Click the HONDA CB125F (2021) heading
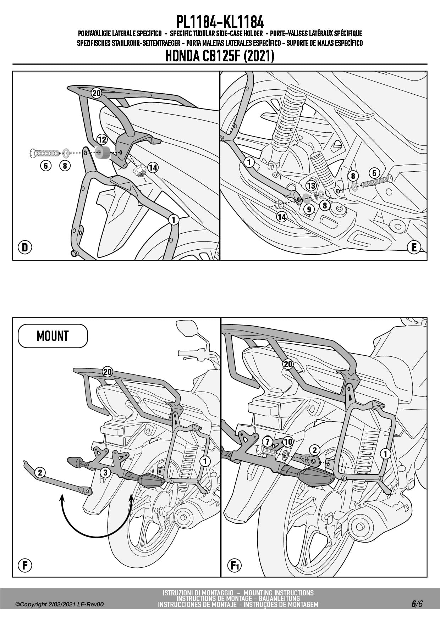220,56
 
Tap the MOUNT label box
53,335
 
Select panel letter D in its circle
25,247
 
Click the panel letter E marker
414,247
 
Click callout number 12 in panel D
102,139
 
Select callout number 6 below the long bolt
46,165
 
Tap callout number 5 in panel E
374,173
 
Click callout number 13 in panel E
311,185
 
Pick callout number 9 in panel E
309,209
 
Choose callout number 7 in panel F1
268,441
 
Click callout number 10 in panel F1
288,441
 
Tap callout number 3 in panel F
105,472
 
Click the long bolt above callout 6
44,153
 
